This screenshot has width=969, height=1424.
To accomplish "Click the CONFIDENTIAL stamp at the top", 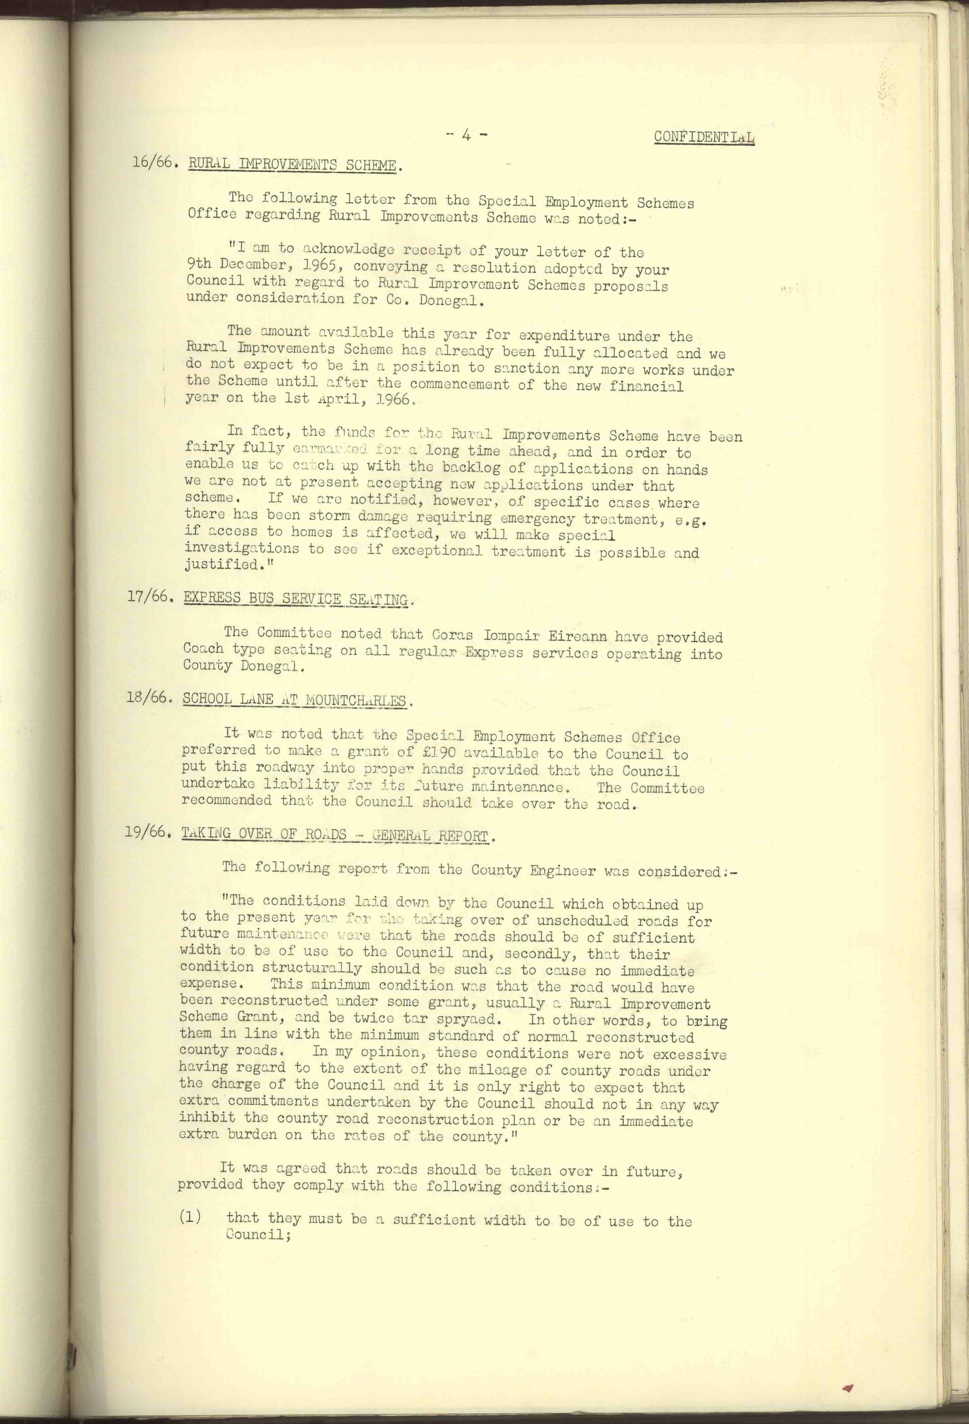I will point(704,137).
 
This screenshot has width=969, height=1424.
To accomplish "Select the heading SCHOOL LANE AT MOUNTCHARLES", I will point(294,700).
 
